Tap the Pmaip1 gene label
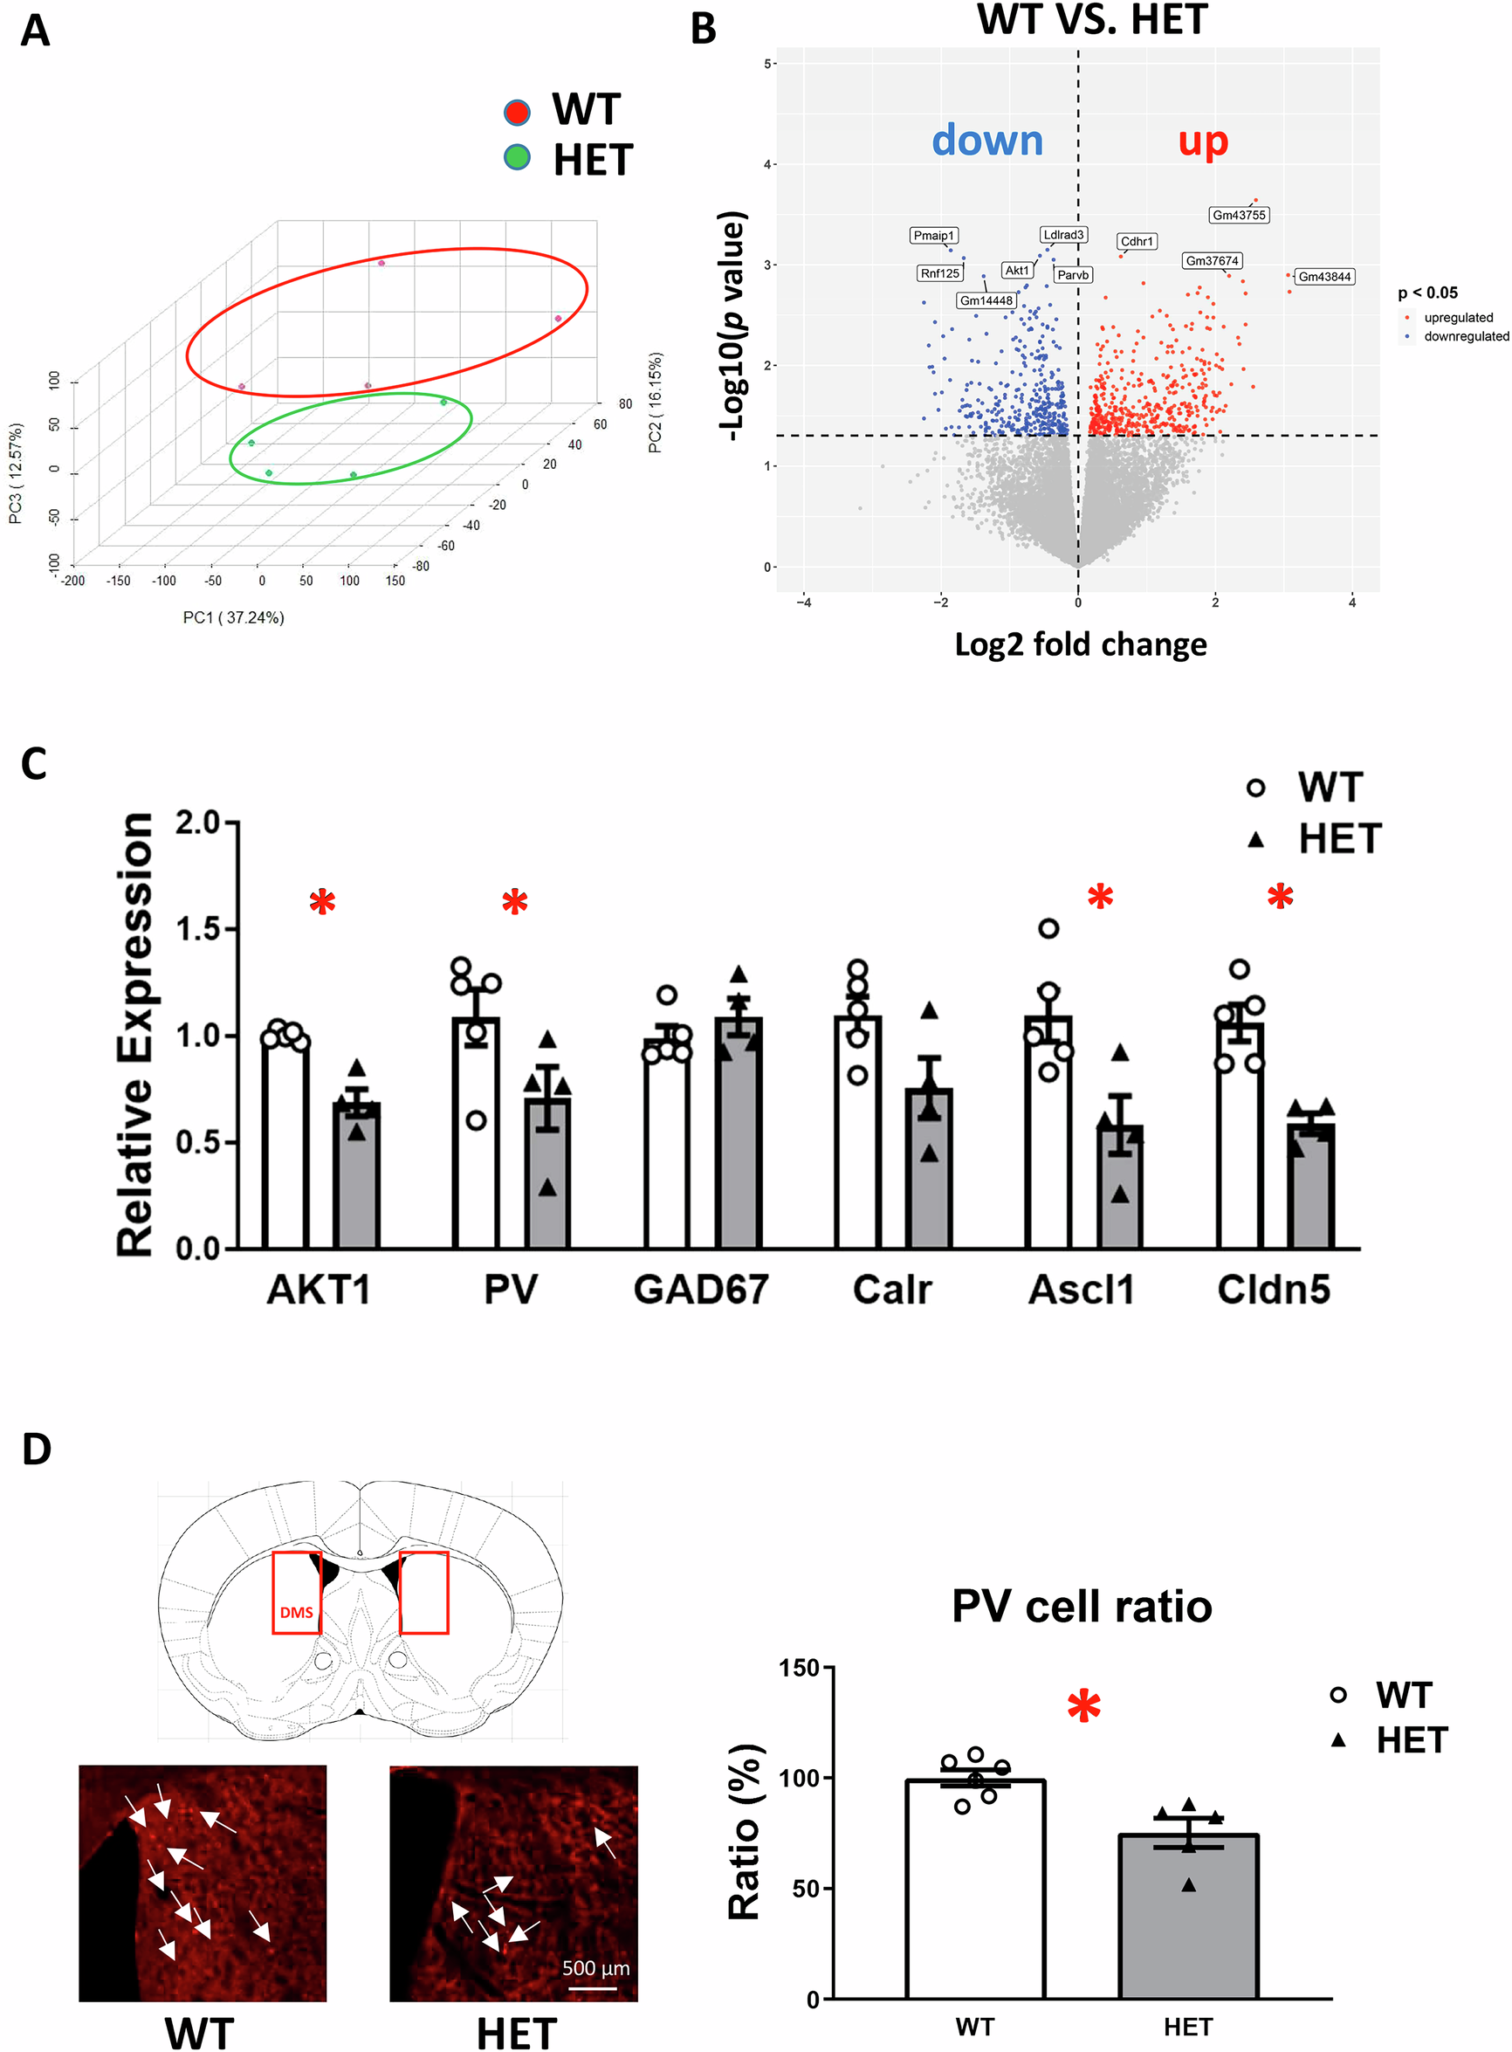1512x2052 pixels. (933, 235)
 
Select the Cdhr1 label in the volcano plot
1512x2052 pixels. (1136, 242)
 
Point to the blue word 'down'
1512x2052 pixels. (986, 140)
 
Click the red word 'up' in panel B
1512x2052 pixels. (1202, 141)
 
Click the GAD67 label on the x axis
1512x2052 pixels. (700, 1290)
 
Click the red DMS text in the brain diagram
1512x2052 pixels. (296, 1612)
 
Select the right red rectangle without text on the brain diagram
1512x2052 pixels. (423, 1592)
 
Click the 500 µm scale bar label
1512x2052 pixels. (594, 1967)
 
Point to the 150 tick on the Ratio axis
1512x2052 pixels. (798, 1668)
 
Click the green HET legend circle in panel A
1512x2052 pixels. (516, 157)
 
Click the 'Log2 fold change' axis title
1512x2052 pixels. (1080, 644)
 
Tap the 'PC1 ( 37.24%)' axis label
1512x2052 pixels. (233, 618)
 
